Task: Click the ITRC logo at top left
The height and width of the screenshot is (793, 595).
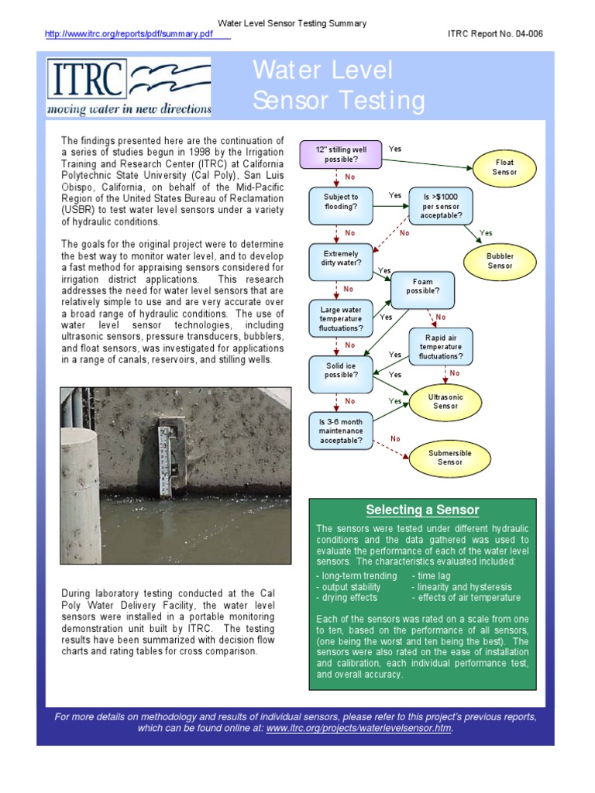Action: click(x=129, y=87)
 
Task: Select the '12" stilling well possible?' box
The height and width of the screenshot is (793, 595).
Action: click(x=341, y=154)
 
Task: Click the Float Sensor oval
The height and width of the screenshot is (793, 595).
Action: click(x=504, y=167)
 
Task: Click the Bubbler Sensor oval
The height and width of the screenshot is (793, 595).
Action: click(x=500, y=261)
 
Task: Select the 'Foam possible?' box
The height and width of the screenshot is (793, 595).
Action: click(x=423, y=287)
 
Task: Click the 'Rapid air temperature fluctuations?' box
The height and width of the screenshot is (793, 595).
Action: click(x=441, y=346)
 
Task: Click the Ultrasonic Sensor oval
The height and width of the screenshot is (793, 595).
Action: click(x=445, y=400)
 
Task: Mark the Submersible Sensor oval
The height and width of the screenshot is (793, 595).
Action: click(x=450, y=458)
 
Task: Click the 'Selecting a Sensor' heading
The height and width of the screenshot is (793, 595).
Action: click(x=422, y=510)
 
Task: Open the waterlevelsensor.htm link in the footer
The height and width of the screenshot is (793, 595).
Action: click(x=359, y=729)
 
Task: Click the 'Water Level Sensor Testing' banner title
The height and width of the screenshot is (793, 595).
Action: click(x=339, y=86)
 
